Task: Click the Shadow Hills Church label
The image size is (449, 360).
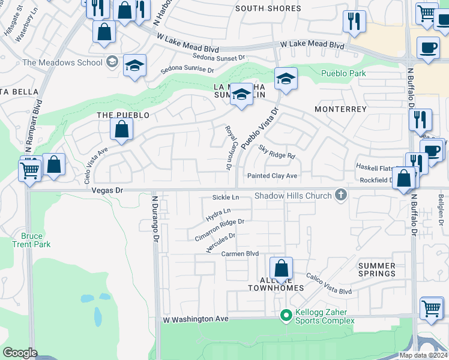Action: click(x=293, y=196)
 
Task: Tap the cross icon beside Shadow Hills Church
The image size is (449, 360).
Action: click(x=341, y=194)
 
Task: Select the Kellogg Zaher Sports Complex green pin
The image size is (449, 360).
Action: click(x=286, y=314)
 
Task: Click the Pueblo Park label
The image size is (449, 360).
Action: click(x=343, y=74)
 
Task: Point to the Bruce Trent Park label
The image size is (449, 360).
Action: click(x=31, y=240)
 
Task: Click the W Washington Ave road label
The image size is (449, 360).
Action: click(x=196, y=320)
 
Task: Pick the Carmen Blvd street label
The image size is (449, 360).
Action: click(x=240, y=254)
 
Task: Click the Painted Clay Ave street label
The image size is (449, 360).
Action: click(x=273, y=176)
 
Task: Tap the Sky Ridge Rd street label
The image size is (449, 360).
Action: click(x=277, y=151)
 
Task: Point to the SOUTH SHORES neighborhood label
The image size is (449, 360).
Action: click(x=268, y=8)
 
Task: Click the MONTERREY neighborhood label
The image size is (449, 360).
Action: click(x=340, y=109)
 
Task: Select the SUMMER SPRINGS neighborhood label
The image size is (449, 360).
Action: click(x=377, y=269)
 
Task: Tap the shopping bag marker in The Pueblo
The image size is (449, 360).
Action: click(x=121, y=128)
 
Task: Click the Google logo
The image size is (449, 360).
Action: click(x=20, y=352)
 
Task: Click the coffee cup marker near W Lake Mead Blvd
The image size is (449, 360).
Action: click(x=428, y=47)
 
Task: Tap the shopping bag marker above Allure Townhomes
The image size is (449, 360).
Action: click(x=281, y=267)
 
